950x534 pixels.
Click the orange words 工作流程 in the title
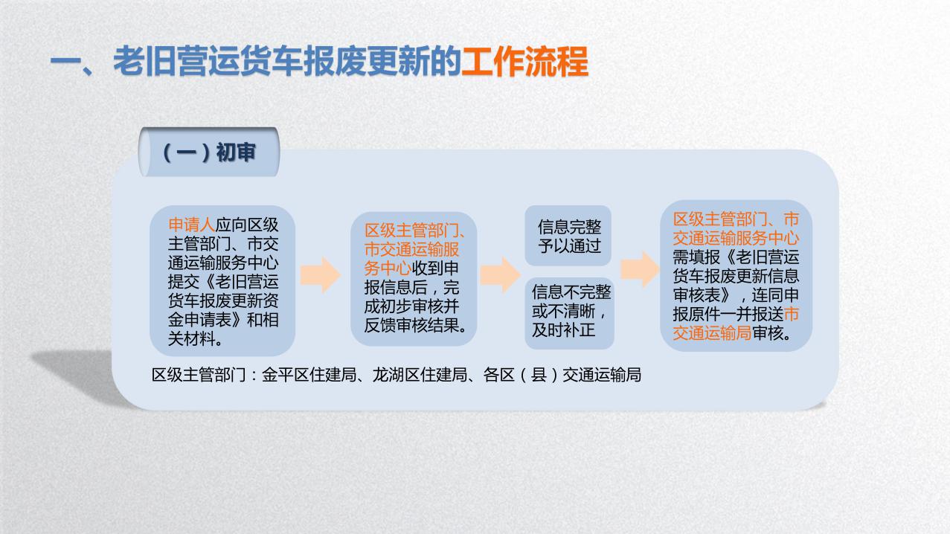pyautogui.click(x=524, y=62)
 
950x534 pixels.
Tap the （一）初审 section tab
pyautogui.click(x=209, y=153)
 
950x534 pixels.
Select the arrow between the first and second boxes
pyautogui.click(x=321, y=275)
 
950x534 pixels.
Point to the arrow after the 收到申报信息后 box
pyautogui.click(x=500, y=275)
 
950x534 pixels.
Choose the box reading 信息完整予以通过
pyautogui.click(x=569, y=236)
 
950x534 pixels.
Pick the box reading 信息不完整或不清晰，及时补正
pyautogui.click(x=569, y=312)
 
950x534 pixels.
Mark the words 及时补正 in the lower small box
pyautogui.click(x=563, y=330)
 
